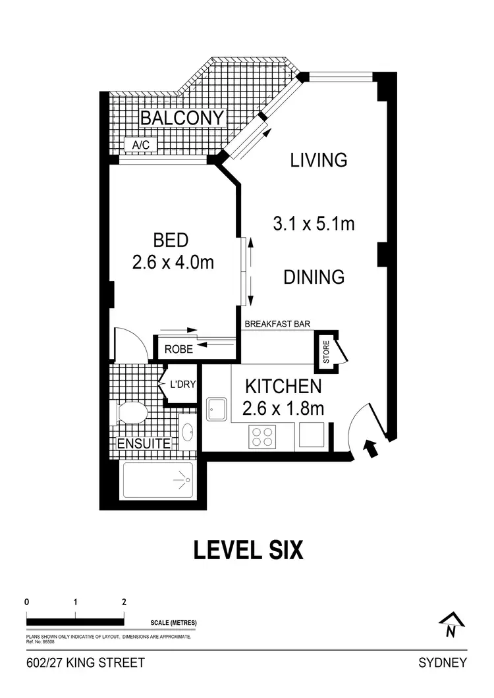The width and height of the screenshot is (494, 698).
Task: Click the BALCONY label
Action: (182, 119)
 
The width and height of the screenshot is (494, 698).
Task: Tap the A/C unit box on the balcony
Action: (140, 145)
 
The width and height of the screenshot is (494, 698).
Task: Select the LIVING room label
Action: (319, 160)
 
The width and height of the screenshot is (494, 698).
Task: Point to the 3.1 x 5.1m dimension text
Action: (314, 224)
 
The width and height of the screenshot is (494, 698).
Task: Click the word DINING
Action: (314, 277)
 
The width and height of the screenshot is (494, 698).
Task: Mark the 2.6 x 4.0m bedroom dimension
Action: (173, 263)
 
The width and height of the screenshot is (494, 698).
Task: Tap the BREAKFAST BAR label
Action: (277, 324)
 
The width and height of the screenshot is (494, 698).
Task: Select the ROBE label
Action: (178, 349)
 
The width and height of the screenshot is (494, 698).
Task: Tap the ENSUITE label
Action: (144, 444)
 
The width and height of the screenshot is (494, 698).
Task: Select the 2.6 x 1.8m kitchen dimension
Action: (283, 409)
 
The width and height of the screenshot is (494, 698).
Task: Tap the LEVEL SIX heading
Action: (248, 550)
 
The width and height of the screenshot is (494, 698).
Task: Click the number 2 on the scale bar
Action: (124, 602)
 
